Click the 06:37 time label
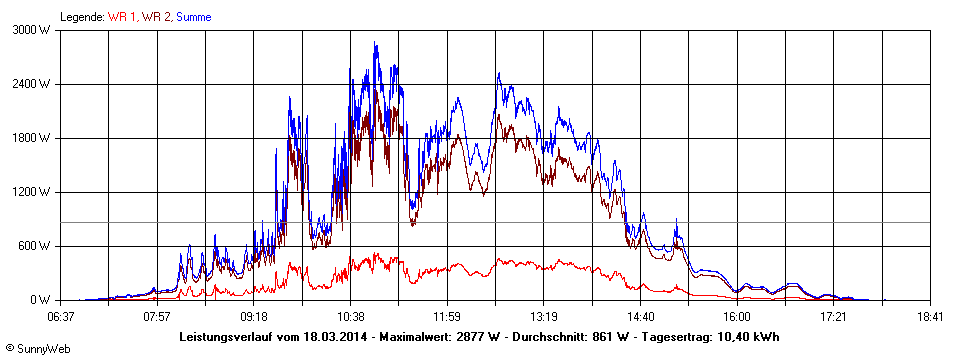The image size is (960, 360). [60, 316]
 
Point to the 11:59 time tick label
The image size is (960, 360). [447, 316]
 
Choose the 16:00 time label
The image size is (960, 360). [737, 316]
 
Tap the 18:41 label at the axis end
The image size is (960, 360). [930, 316]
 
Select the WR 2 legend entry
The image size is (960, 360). [155, 17]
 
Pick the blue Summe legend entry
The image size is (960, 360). [194, 17]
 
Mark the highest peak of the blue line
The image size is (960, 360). [375, 43]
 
